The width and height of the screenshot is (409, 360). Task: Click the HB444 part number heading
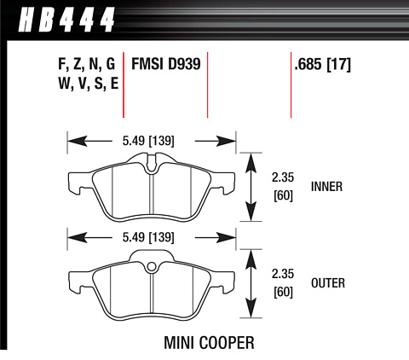coord(66,20)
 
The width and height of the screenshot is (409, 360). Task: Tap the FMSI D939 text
coord(166,64)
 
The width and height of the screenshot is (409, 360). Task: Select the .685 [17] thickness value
coord(323,64)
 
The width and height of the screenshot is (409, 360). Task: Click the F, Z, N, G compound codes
coord(86,64)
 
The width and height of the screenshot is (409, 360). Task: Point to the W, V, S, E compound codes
coord(88,84)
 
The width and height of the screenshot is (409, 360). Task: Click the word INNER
coord(326,187)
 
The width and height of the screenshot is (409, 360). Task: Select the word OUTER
coord(328,283)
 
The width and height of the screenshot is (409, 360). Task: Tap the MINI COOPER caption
coord(209,342)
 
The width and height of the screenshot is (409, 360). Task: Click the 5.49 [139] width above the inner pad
coord(148,141)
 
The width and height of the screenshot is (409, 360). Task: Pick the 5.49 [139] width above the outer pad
coord(148,237)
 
